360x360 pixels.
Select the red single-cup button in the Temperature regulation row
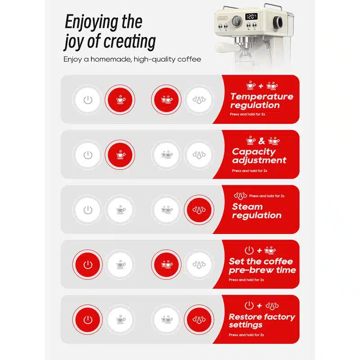(x=120, y=99)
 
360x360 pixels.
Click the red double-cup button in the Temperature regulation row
(x=166, y=99)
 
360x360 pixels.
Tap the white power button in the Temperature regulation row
(x=88, y=99)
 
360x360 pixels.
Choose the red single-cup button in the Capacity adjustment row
(x=120, y=155)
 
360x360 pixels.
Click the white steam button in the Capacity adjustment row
(x=198, y=155)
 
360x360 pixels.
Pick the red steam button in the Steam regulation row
(x=198, y=210)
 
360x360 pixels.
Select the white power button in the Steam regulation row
(x=88, y=210)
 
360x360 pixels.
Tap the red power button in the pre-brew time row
(x=88, y=265)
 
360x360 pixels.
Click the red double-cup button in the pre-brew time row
(x=166, y=265)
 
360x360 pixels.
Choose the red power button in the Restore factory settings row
(x=88, y=319)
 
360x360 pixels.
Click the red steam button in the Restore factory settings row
(x=198, y=319)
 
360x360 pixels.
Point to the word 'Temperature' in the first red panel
(x=261, y=96)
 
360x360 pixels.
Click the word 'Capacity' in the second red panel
(x=254, y=152)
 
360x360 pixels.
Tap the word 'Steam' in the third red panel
(x=247, y=207)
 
